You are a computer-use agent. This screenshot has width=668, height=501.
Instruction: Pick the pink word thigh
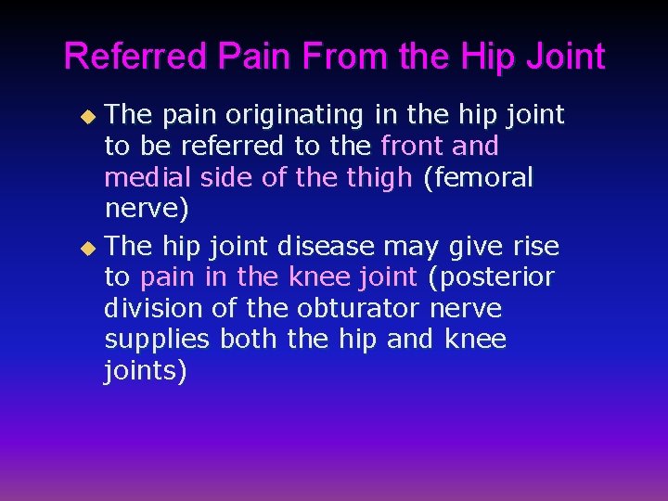pos(380,177)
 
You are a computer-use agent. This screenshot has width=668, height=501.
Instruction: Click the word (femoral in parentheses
pos(478,177)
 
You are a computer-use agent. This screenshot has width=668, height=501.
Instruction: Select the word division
pos(148,308)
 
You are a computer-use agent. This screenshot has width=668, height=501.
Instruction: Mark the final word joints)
pos(146,371)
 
